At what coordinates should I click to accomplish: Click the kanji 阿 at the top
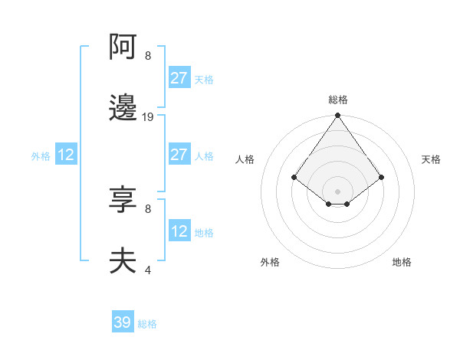pyautogui.click(x=123, y=47)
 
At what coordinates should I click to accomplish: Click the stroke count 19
pyautogui.click(x=148, y=117)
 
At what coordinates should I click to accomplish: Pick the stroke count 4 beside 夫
pyautogui.click(x=148, y=270)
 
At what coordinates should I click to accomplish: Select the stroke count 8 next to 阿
pyautogui.click(x=148, y=55)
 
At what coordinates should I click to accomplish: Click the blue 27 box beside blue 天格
pyautogui.click(x=179, y=78)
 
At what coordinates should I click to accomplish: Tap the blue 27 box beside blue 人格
pyautogui.click(x=179, y=155)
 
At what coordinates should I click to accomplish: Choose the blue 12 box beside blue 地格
pyautogui.click(x=179, y=231)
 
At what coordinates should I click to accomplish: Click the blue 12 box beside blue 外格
pyautogui.click(x=65, y=155)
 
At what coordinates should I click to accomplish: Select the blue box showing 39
pyautogui.click(x=123, y=322)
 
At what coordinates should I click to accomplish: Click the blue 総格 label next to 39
pyautogui.click(x=148, y=324)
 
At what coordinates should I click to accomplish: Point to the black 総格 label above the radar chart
pyautogui.click(x=337, y=100)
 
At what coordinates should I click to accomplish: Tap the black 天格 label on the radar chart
pyautogui.click(x=431, y=159)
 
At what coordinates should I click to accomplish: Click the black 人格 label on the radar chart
pyautogui.click(x=245, y=159)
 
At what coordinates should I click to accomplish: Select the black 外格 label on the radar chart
pyautogui.click(x=270, y=262)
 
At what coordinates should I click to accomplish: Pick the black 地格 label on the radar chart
pyautogui.click(x=402, y=262)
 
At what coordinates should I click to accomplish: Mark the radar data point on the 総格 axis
pyautogui.click(x=337, y=116)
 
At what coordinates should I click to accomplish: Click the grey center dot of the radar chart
pyautogui.click(x=337, y=191)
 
